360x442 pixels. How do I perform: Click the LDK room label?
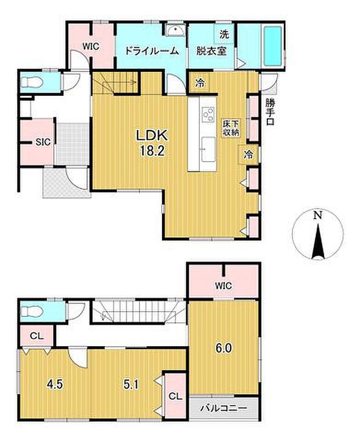tap(152, 135)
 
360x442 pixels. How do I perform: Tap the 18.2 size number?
tap(152, 151)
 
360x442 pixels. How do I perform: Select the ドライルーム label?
tap(151, 51)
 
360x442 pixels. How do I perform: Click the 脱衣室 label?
tap(211, 51)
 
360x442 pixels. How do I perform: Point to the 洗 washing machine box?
tap(224, 35)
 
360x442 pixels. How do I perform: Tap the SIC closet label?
tap(43, 142)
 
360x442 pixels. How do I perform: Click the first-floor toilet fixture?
tap(32, 82)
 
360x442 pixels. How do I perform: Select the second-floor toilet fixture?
tap(32, 312)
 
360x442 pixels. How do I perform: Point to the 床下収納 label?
tap(231, 128)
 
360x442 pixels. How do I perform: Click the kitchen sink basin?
tap(208, 149)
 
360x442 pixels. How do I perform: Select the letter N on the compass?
tap(318, 215)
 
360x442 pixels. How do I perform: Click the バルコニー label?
tap(224, 408)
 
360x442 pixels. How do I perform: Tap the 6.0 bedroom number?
tap(224, 349)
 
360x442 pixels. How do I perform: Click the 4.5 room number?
tap(55, 384)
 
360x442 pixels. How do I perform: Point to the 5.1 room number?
tap(131, 384)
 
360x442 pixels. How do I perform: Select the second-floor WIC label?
tap(224, 286)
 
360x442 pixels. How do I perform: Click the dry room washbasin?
tap(175, 30)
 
